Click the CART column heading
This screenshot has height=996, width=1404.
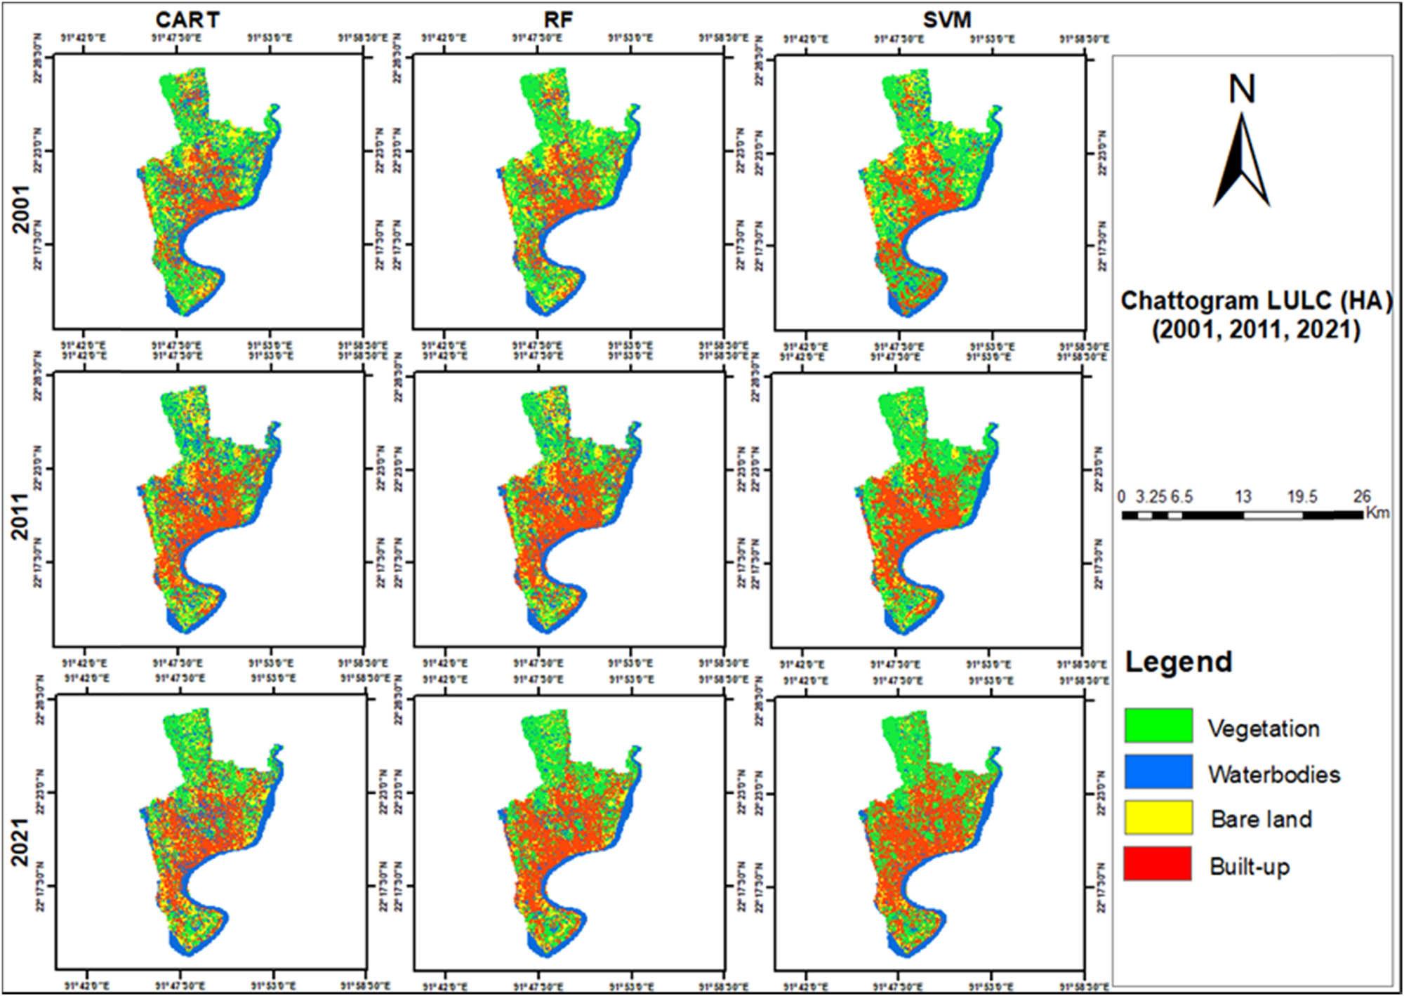coord(187,20)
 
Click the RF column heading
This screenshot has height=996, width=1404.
coord(558,20)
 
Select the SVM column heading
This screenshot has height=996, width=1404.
coord(946,20)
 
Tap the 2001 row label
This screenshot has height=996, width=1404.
coord(22,209)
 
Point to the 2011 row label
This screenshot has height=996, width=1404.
coord(20,517)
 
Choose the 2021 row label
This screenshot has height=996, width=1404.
coord(20,841)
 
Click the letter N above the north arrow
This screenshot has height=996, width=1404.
coord(1242,90)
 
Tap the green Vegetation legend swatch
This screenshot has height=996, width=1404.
coord(1158,725)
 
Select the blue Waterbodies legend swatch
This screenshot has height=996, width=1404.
coord(1158,771)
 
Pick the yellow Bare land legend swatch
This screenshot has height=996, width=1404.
coord(1158,818)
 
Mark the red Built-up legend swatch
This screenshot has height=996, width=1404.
coord(1158,863)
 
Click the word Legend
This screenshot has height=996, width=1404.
coord(1179,662)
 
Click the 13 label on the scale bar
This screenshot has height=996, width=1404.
coord(1243,497)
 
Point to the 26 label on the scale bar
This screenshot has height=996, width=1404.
coord(1362,497)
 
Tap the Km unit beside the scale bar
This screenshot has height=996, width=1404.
coord(1377,513)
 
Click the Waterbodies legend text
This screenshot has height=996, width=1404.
coord(1274,774)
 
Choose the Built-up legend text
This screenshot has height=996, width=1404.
coord(1250,867)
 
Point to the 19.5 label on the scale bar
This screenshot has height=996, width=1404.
coord(1302,497)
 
